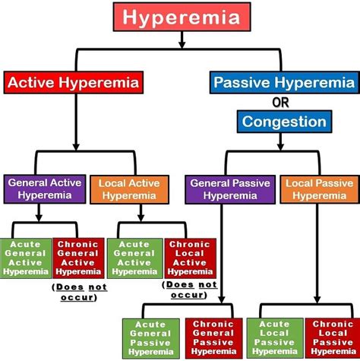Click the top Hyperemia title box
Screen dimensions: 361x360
179,16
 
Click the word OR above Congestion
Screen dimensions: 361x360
281,102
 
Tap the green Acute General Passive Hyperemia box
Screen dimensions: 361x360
150,337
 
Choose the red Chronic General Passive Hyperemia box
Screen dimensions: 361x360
212,337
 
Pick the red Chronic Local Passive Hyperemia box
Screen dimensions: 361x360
332,337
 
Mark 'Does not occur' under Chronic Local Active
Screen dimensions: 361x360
190,289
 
